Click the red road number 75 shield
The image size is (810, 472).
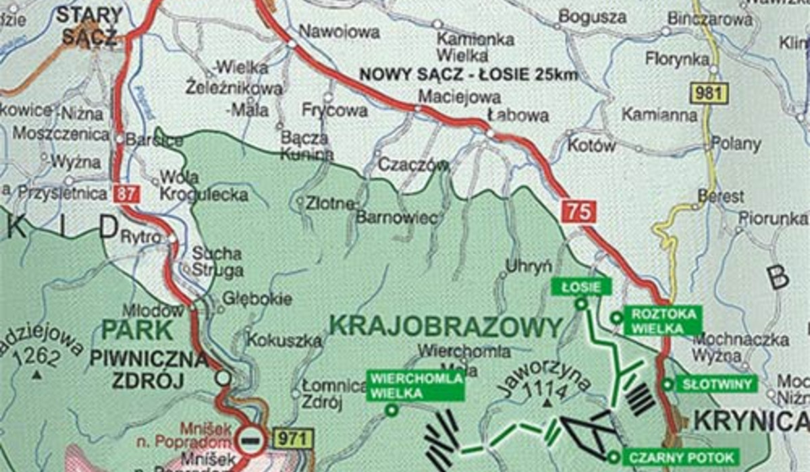pyautogui.click(x=579, y=212)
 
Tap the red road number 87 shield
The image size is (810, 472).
pyautogui.click(x=126, y=194)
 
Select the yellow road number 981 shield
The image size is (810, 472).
pyautogui.click(x=706, y=92)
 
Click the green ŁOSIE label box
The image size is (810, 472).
pyautogui.click(x=581, y=287)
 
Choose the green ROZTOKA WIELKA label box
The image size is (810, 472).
pyautogui.click(x=663, y=320)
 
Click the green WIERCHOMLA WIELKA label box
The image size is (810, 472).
pyautogui.click(x=416, y=386)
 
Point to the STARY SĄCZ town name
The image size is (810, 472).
pyautogui.click(x=89, y=26)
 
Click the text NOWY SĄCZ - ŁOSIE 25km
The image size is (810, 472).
pyautogui.click(x=469, y=74)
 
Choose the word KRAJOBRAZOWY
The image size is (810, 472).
pyautogui.click(x=446, y=327)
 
